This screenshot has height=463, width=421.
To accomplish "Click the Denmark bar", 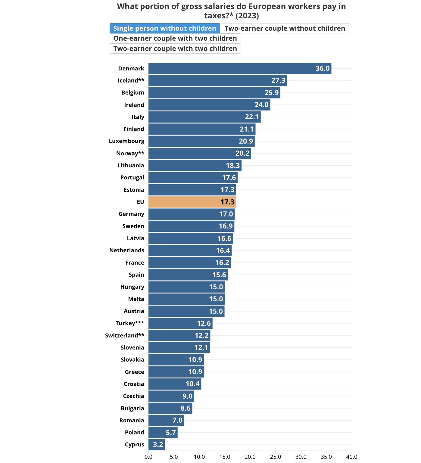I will point(240,69).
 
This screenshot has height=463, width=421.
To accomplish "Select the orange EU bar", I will point(192,202).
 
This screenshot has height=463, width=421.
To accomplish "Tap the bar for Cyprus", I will point(157,445).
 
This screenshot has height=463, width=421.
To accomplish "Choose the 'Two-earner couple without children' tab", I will point(285,28).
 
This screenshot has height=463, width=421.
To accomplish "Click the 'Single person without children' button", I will point(165,28).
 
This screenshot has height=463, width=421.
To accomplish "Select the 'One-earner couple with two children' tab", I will point(175,39).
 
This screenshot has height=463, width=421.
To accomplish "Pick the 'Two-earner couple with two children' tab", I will point(175,49).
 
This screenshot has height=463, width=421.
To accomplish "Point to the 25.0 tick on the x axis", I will point(275,457).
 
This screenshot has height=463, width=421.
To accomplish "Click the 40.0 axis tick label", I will point(351,457).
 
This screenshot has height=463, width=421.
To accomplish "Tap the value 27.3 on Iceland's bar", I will point(278,81).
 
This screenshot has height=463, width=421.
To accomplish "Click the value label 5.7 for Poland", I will point(171,433).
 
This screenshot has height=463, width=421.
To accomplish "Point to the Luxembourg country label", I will point(126,141).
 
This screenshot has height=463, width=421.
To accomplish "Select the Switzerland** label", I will point(124,335).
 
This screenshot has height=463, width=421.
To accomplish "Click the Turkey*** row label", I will point(130,323).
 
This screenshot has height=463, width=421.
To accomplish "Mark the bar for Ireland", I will point(209,105).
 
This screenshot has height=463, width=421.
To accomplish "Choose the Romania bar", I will point(166,420).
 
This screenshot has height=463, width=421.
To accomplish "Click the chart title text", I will point(231,11).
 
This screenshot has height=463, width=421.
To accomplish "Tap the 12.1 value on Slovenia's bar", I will point(201,348).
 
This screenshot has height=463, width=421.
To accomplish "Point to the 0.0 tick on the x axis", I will point(148,457).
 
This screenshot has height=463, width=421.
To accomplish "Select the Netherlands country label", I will point(126,250).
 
